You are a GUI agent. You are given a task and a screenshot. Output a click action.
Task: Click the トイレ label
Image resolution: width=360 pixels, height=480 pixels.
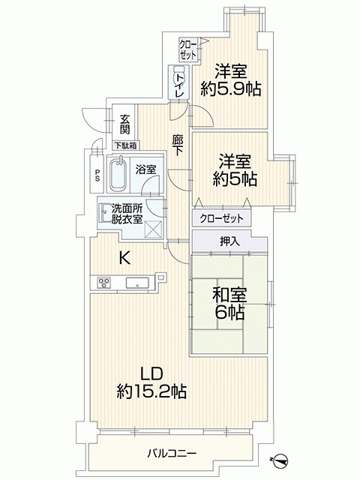point(179,83)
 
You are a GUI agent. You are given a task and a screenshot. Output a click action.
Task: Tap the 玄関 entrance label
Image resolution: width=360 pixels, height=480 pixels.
point(124,124)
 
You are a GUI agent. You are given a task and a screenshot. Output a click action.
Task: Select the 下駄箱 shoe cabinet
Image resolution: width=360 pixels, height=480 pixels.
point(126,145)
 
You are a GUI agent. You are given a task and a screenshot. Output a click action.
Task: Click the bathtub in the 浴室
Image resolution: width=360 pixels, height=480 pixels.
point(118,174)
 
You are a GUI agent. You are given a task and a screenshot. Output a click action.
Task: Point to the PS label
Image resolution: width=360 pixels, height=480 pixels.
point(97,175)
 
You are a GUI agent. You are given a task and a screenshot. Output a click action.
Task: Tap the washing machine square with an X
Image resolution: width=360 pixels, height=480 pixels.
point(153,229)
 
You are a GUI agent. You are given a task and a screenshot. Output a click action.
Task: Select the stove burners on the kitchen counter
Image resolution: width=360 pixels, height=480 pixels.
point(103,283)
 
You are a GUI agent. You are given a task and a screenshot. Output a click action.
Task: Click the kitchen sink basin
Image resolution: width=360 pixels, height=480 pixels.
point(137,283)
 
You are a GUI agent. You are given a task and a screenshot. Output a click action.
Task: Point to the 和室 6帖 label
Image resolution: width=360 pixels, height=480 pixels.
point(229,303)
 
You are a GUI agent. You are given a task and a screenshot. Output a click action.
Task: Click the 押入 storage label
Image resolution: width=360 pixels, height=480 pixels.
point(229,241)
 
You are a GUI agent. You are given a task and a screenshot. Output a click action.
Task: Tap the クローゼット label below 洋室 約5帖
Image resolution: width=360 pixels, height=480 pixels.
point(221,218)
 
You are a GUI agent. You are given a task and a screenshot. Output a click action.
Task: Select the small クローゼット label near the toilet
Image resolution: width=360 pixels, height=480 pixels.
point(187,49)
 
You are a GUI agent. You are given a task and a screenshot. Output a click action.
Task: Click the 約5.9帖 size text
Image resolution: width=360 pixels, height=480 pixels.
point(230,89)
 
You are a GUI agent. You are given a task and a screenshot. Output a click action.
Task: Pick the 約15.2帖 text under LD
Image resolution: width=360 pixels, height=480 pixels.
point(151,391)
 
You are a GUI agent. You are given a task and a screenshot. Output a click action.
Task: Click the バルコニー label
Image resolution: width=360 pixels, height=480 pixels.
point(172,452)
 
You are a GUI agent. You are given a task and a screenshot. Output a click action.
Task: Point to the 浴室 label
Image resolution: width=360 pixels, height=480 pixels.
point(146,169)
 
